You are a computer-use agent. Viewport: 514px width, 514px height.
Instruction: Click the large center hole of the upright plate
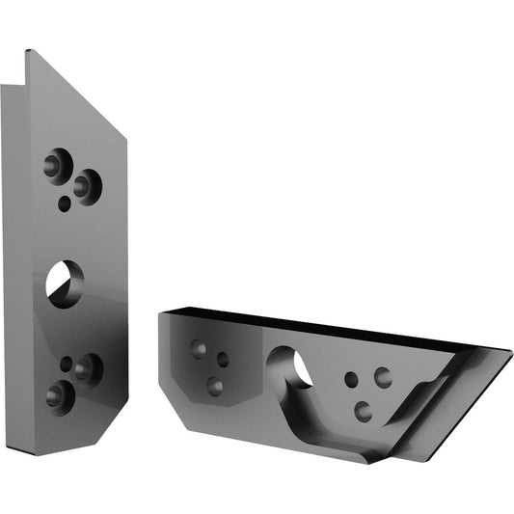[x=65, y=284]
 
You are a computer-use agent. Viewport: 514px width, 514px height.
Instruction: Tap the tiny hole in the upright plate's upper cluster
[x=66, y=203]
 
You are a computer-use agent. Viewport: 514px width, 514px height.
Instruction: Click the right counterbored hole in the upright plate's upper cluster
[x=87, y=183]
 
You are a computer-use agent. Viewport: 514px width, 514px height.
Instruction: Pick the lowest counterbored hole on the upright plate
[x=58, y=393]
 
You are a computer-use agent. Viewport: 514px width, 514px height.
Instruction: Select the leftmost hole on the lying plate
[x=199, y=348]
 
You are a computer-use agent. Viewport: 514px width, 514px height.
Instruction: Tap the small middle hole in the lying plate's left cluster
[x=223, y=359]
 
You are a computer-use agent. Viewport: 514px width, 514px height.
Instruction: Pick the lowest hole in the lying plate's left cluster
[x=215, y=386]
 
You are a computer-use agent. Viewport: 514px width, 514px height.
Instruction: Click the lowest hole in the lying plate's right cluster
[x=363, y=411]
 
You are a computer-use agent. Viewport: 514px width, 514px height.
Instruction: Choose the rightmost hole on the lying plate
[x=383, y=376]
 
